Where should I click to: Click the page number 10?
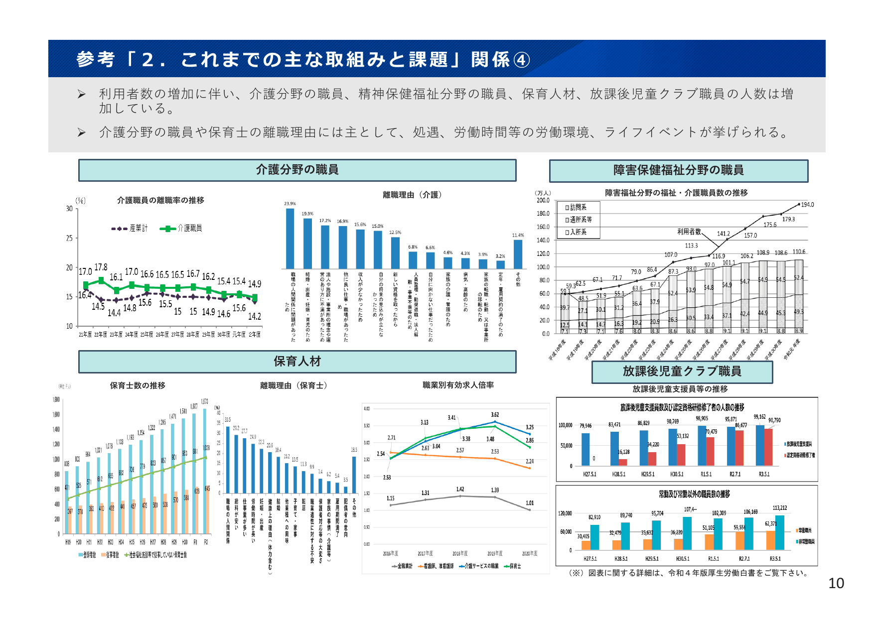836,583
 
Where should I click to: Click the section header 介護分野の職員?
297,170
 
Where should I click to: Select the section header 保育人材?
297,362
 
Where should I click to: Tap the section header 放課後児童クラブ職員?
682,371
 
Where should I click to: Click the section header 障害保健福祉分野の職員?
678,170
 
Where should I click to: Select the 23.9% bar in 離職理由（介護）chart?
290,239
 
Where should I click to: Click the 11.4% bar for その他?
518,254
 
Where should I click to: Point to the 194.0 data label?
807,205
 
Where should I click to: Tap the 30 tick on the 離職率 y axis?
69,209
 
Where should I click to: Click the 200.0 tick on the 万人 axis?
543,200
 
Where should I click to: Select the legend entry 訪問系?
578,207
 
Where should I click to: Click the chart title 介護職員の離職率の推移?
160,200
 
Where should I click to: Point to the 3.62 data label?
495,414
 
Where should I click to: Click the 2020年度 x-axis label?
530,553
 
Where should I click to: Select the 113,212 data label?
779,508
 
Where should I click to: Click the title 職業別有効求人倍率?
458,385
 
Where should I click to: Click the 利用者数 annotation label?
689,232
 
